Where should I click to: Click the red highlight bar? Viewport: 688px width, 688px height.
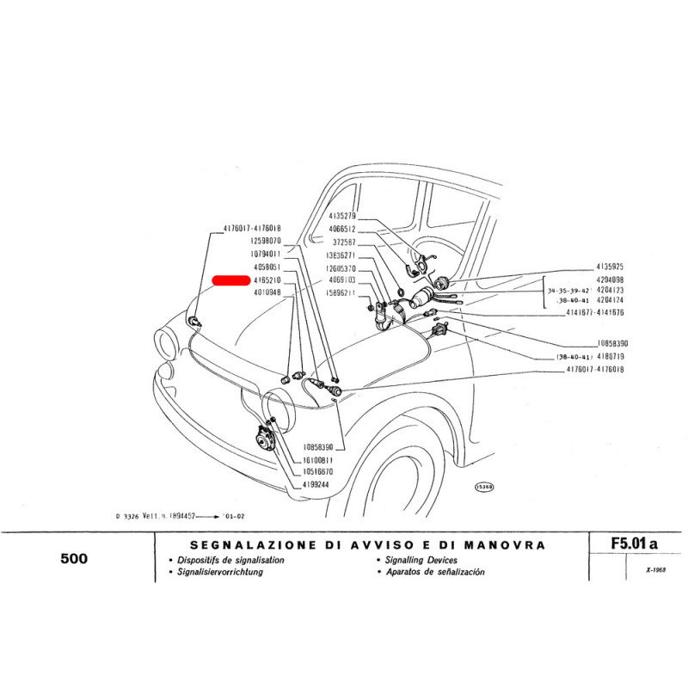point(230,280)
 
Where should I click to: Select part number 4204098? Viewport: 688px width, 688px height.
point(612,280)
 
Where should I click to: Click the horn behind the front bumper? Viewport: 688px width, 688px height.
point(265,439)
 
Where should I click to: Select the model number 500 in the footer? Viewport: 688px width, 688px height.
point(74,558)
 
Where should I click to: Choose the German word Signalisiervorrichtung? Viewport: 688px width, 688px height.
point(221,571)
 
